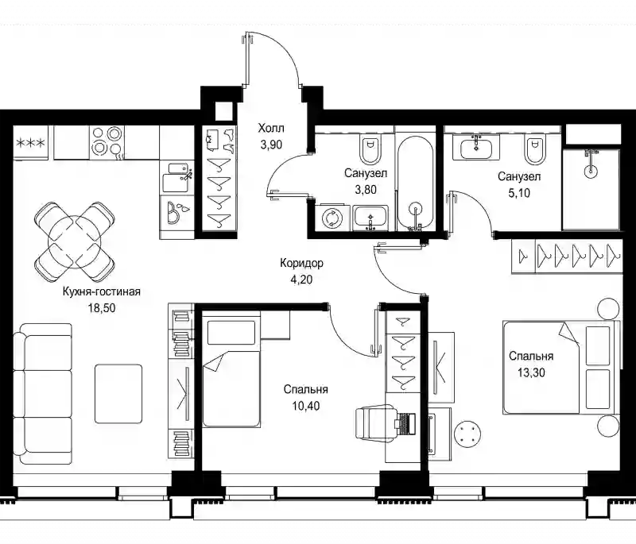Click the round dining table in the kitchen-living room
(75, 242)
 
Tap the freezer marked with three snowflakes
(30, 142)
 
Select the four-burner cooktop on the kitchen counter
(107, 142)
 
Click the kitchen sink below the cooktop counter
(176, 177)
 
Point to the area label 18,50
(102, 308)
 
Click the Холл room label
(271, 129)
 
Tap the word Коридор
(302, 264)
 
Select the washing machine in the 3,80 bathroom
(332, 218)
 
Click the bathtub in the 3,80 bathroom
(415, 182)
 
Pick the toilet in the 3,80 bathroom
(370, 151)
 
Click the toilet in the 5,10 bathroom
(534, 151)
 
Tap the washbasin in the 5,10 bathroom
(476, 146)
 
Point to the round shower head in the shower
(591, 170)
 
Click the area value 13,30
(531, 372)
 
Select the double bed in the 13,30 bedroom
(561, 368)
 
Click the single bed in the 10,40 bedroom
(231, 372)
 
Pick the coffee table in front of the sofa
(118, 394)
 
